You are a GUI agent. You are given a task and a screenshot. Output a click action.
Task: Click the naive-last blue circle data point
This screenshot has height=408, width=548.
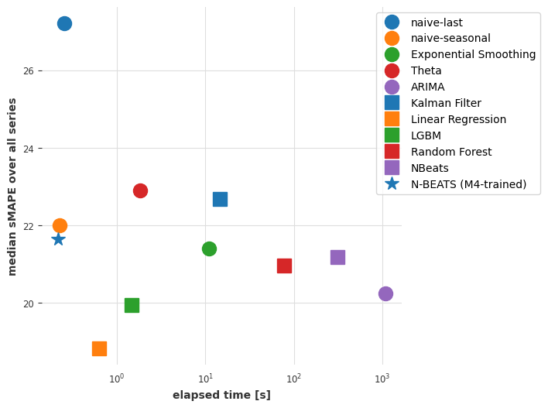pyautogui.click(x=64, y=23)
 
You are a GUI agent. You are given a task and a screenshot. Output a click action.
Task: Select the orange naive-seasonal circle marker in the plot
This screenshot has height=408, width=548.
pyautogui.click(x=60, y=225)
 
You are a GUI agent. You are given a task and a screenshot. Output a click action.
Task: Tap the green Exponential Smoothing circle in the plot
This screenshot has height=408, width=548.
pyautogui.click(x=209, y=249)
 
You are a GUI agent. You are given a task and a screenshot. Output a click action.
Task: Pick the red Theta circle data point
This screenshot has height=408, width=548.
pyautogui.click(x=140, y=190)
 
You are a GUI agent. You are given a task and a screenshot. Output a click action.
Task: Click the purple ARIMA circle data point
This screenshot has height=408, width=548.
pyautogui.click(x=385, y=293)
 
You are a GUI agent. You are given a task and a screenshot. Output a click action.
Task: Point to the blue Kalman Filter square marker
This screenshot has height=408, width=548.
pyautogui.click(x=220, y=199)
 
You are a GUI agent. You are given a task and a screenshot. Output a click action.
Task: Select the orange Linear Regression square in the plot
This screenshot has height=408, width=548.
pyautogui.click(x=99, y=348)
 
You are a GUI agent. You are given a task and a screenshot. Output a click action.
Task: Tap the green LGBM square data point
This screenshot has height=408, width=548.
pyautogui.click(x=132, y=305)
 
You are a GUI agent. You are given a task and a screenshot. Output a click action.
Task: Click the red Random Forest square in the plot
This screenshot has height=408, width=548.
pyautogui.click(x=284, y=266)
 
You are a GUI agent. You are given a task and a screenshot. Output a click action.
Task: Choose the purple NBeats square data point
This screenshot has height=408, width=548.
pyautogui.click(x=337, y=257)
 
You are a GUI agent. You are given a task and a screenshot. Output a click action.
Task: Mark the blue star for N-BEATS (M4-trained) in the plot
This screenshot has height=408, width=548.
pyautogui.click(x=58, y=239)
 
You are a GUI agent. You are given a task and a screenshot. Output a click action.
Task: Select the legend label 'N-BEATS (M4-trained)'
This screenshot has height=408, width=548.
pyautogui.click(x=468, y=184)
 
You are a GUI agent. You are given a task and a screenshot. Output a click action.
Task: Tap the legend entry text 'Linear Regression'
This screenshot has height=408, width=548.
pyautogui.click(x=458, y=119)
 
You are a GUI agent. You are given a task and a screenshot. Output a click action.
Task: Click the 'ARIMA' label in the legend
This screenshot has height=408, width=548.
pyautogui.click(x=428, y=87)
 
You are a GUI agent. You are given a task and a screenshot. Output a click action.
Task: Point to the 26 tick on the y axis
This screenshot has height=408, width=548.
pyautogui.click(x=28, y=70)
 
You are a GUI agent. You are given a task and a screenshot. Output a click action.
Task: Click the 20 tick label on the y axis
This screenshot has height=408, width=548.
pyautogui.click(x=28, y=303)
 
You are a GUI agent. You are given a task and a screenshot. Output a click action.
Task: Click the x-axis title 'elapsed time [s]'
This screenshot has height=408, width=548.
pyautogui.click(x=221, y=395)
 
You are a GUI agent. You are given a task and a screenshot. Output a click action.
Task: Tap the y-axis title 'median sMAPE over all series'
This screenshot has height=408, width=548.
pyautogui.click(x=12, y=187)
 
